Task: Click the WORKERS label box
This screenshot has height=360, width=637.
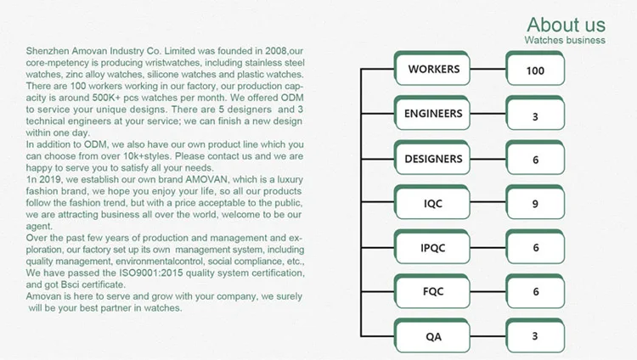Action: click(x=433, y=69)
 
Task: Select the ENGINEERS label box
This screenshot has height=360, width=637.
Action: click(x=433, y=114)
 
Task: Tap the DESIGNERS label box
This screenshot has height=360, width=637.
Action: click(x=433, y=159)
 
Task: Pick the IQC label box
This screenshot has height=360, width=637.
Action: click(x=433, y=204)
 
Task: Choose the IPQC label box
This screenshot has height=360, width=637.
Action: click(x=433, y=247)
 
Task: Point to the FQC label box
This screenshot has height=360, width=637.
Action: click(x=433, y=291)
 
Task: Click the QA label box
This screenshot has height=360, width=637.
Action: click(x=433, y=336)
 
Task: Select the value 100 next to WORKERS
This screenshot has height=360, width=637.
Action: click(x=535, y=70)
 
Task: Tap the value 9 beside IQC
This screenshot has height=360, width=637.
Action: click(x=535, y=204)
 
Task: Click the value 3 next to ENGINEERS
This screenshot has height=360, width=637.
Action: click(x=535, y=115)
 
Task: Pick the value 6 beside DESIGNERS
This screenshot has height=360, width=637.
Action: click(x=535, y=160)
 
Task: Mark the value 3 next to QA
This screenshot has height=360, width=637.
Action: click(x=535, y=336)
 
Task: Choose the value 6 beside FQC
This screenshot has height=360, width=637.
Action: click(x=535, y=292)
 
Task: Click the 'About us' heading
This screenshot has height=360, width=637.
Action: click(x=566, y=24)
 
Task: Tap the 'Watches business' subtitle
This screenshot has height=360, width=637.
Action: click(x=565, y=40)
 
